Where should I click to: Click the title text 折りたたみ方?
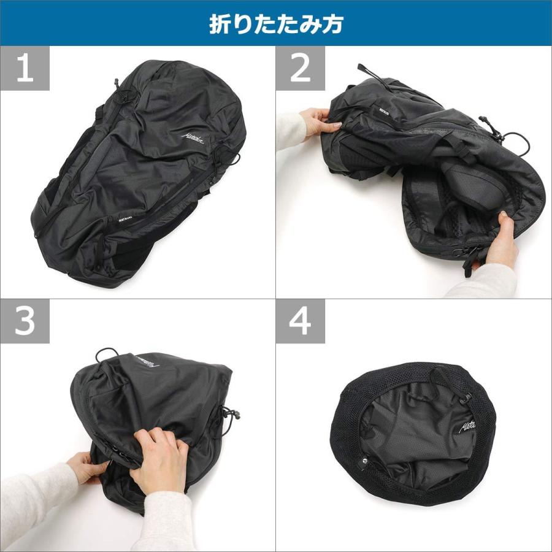coord(275,23)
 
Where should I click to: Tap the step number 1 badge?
coord(25,69)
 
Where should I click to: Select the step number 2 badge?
coord(300,69)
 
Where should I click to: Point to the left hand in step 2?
coord(319,123)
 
